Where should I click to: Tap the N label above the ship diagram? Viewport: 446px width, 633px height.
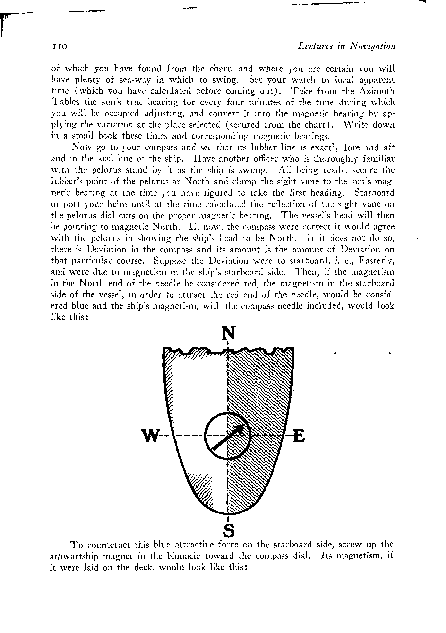coord(229,333)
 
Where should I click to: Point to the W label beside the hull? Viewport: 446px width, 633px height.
coord(150,436)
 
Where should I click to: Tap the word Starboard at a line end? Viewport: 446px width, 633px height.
coord(374,192)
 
